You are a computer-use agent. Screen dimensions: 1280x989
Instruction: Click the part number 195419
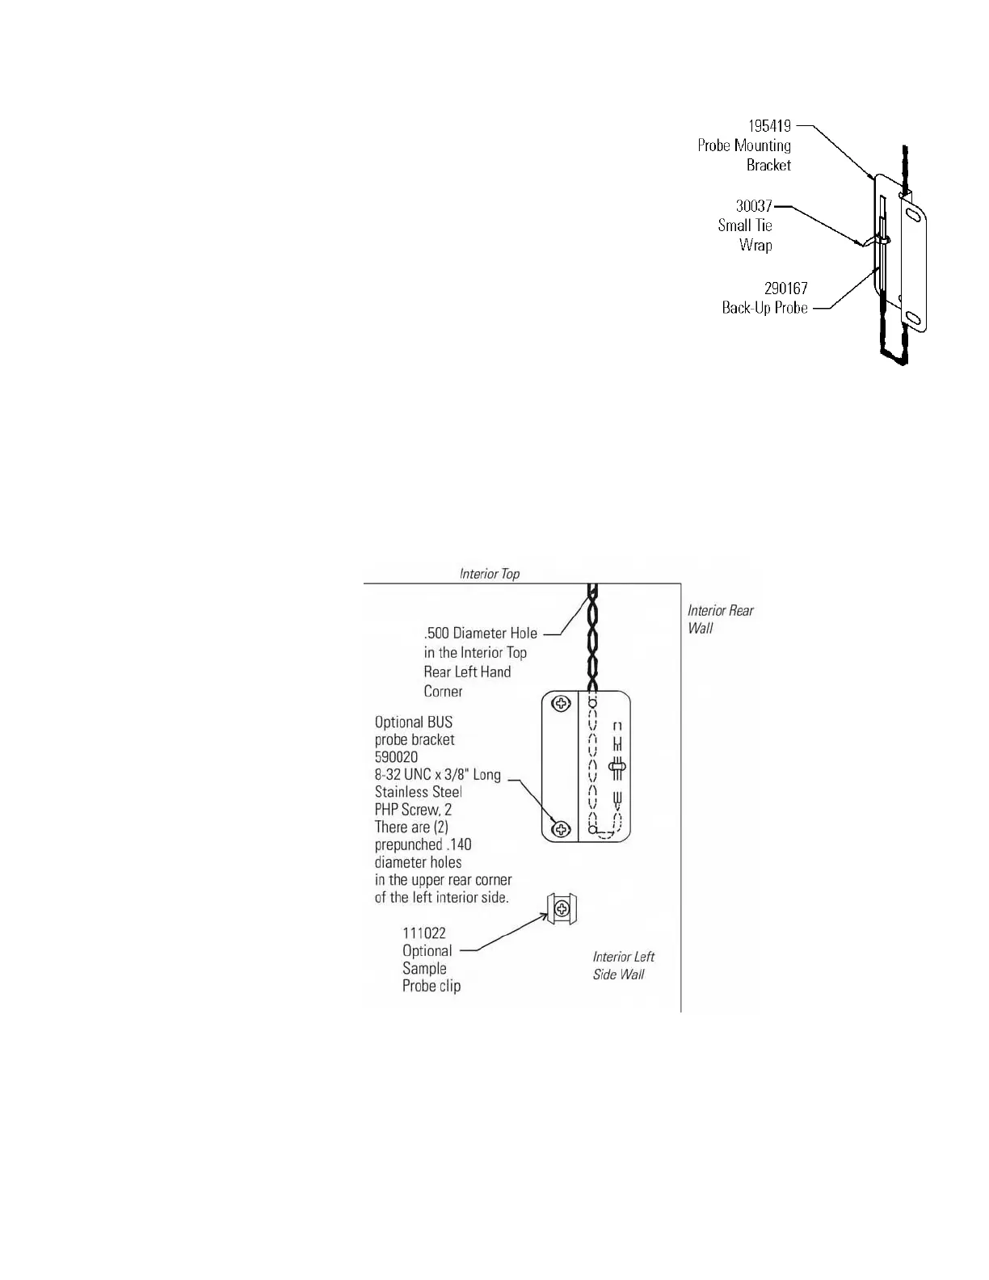(x=769, y=126)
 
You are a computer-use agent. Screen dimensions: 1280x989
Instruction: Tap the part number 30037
(x=754, y=206)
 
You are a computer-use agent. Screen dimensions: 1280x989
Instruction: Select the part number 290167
(x=785, y=288)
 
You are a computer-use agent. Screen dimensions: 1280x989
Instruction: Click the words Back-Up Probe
(x=764, y=308)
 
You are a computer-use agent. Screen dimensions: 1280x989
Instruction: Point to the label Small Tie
(x=745, y=225)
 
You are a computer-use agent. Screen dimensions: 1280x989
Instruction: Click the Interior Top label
(x=490, y=574)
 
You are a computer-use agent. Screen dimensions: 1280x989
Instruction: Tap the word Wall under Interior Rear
(x=701, y=628)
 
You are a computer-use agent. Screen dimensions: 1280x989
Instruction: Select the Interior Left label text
(x=624, y=957)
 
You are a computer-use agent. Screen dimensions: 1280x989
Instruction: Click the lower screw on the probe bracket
(x=560, y=829)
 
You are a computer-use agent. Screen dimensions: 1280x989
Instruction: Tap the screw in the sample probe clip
(x=561, y=910)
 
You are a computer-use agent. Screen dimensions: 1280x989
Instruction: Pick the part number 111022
(x=423, y=933)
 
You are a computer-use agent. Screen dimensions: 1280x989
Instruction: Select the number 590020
(x=396, y=757)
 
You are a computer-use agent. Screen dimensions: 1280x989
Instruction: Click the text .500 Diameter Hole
(x=480, y=634)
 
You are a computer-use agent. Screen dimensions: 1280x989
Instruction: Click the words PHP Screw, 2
(x=413, y=810)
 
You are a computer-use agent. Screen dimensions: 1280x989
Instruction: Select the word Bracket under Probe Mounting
(x=768, y=165)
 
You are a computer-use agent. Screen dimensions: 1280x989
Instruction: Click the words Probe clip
(x=431, y=986)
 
